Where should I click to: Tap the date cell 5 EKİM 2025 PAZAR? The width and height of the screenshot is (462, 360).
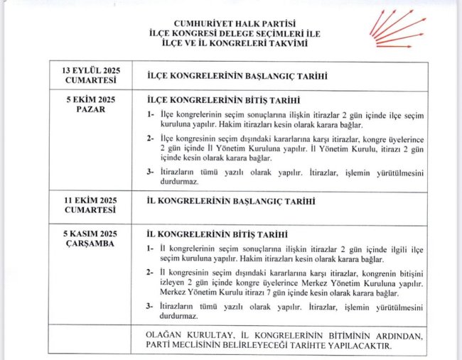point(90,104)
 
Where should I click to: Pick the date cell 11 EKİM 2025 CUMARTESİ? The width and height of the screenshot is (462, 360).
point(90,206)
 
